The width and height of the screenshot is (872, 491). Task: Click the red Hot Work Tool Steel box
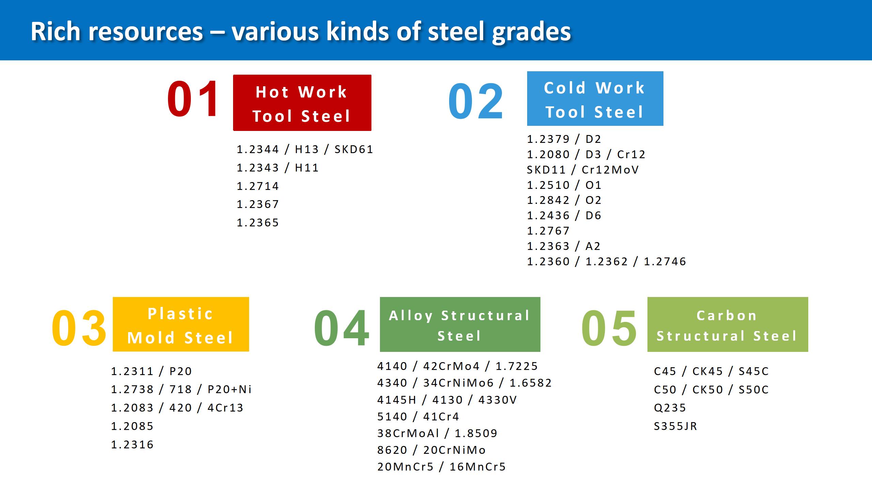click(x=302, y=103)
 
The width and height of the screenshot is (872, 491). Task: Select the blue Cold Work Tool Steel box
click(x=595, y=99)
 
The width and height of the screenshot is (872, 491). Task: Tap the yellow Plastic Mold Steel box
click(x=181, y=324)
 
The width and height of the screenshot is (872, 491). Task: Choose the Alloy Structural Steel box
click(x=460, y=324)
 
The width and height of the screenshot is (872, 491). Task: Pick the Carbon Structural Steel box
click(x=728, y=324)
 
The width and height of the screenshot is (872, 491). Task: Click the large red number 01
click(x=193, y=99)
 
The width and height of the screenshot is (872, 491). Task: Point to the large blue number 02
click(x=476, y=101)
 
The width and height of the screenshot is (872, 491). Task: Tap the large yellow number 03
click(x=79, y=328)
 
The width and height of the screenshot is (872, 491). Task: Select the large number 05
click(x=609, y=328)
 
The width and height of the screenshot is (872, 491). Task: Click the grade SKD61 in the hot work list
click(x=354, y=149)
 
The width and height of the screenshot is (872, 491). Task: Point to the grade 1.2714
click(x=258, y=186)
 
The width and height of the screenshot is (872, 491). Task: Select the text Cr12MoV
click(x=610, y=170)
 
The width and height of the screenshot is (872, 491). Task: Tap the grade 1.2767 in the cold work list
click(x=548, y=231)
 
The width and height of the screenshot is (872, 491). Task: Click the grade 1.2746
click(x=665, y=262)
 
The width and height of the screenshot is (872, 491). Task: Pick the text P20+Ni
click(x=229, y=389)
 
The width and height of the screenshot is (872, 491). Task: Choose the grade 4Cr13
click(x=225, y=408)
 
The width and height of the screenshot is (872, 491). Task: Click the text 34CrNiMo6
click(x=458, y=383)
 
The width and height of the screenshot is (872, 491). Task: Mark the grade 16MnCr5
click(x=478, y=467)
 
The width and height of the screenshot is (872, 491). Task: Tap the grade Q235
click(x=670, y=408)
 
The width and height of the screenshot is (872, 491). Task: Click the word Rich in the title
click(x=56, y=31)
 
